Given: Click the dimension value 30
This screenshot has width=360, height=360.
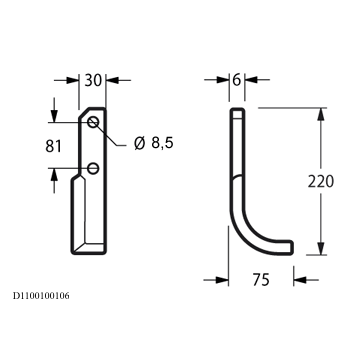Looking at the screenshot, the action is coord(93,80).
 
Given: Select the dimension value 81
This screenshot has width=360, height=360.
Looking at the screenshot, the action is coord(53,146).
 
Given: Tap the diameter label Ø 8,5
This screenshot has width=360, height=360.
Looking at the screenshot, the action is coord(154,143).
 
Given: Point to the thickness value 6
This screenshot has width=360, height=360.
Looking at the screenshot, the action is coord(237,80).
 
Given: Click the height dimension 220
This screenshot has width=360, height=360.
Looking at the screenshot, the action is coord(321,182).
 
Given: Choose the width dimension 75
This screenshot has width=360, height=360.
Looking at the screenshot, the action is coord(261,280).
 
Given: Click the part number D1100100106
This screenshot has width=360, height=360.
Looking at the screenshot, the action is coord(41,296).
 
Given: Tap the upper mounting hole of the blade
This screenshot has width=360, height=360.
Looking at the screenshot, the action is coord(93,122).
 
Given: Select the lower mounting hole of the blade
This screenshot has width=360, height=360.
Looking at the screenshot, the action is coord(93,169).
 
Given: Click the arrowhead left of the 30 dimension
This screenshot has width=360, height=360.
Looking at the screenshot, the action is coord(72,80).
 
